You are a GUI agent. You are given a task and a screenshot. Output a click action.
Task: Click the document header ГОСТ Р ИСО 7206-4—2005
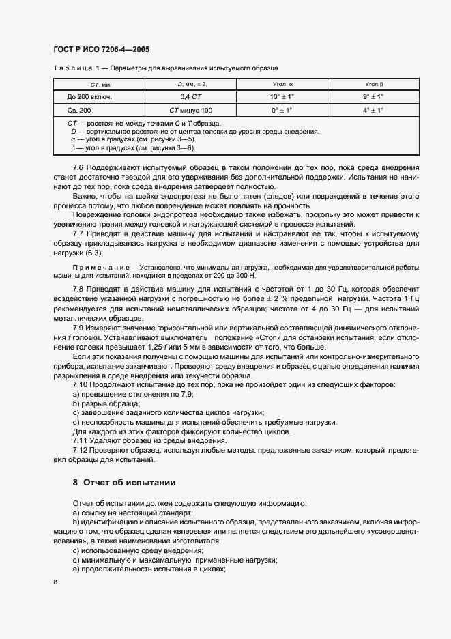[x=101, y=50]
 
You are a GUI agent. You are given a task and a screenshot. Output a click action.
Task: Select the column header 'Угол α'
[x=281, y=84]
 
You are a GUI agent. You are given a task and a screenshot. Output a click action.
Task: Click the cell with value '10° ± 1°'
[x=281, y=97]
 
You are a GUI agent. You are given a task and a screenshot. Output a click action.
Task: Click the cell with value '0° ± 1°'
[x=281, y=110]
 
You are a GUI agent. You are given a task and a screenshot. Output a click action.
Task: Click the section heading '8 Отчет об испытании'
[x=124, y=483]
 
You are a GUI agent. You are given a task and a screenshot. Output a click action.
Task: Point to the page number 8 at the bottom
[x=55, y=582]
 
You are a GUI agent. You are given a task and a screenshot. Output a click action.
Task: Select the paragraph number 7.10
[x=81, y=385]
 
